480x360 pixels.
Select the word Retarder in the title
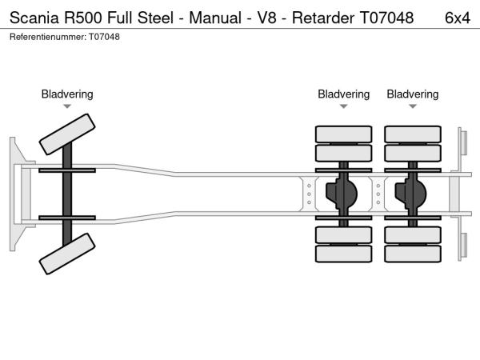(322, 16)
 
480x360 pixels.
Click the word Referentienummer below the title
(46, 37)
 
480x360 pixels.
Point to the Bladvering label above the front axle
(67, 94)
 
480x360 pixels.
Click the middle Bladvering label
(343, 94)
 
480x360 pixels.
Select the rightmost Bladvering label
(413, 94)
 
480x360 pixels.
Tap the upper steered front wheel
(67, 134)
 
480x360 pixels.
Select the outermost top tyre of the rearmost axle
(413, 134)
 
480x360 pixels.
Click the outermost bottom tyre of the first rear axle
(344, 255)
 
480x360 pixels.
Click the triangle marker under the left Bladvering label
(67, 106)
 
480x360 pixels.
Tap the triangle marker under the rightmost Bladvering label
(413, 106)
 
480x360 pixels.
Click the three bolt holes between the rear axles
(378, 194)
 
